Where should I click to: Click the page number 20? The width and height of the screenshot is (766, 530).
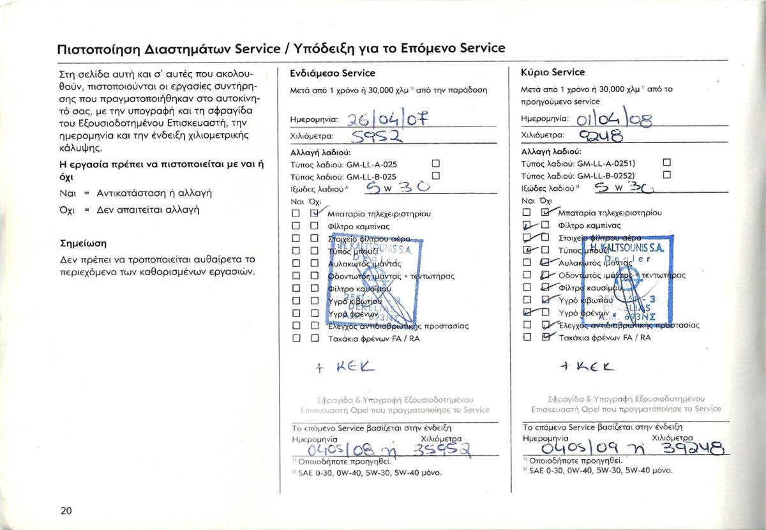point(66,510)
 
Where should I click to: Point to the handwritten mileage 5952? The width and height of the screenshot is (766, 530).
point(377,136)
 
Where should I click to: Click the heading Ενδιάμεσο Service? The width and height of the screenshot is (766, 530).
point(333,73)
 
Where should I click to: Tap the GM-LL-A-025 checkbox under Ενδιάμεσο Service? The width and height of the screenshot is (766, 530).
point(437,164)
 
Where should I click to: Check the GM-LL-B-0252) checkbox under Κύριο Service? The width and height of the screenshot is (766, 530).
point(668,175)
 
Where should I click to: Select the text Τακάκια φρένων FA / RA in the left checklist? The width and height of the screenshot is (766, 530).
point(373,338)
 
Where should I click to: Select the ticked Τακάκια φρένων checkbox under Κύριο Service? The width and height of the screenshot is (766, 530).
point(545,338)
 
